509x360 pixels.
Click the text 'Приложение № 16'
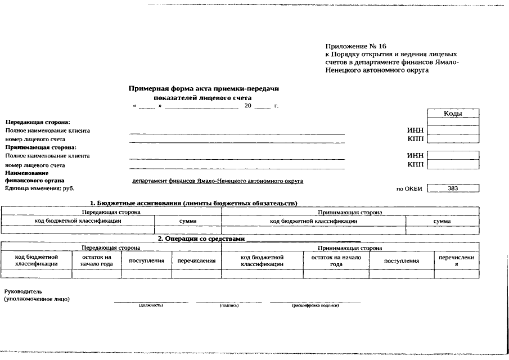click(355, 46)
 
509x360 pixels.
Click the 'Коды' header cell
click(453, 114)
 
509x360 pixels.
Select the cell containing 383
click(453, 188)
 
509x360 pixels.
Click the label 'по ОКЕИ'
click(409, 189)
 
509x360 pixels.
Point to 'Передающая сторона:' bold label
click(37, 122)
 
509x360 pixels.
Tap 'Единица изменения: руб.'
click(39, 188)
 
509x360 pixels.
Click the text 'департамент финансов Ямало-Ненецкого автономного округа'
click(218, 181)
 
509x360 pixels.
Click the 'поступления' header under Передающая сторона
click(146, 260)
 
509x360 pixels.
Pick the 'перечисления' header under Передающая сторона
click(196, 260)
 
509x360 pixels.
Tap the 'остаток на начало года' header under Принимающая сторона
click(336, 260)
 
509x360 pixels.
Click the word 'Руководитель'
click(23, 291)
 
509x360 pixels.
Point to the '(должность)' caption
click(151, 305)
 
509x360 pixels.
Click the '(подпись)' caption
click(229, 305)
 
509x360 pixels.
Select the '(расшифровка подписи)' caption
click(315, 305)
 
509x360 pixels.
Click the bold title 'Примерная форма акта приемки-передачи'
click(204, 89)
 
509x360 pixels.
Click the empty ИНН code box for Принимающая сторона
click(453, 155)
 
